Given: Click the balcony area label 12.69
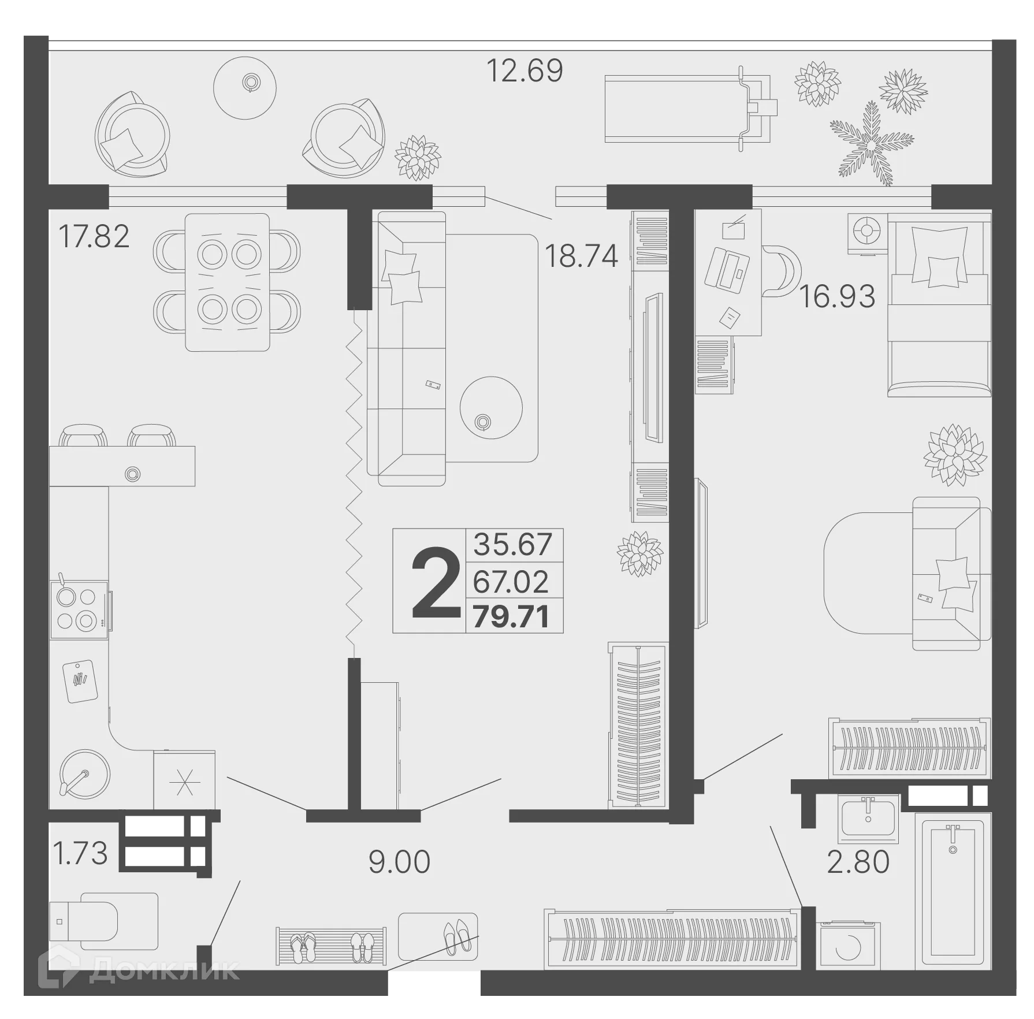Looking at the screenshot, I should tap(525, 71).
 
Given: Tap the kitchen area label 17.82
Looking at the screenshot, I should tap(94, 236).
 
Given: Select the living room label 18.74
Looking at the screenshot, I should tap(581, 256).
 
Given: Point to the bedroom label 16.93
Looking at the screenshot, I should tap(837, 296).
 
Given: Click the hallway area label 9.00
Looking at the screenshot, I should tap(399, 862).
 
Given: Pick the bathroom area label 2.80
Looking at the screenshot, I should tap(858, 862).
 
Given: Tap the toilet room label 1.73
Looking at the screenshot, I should tap(80, 853).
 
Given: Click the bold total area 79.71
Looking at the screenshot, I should tap(511, 617).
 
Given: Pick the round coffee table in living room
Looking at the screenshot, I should tap(491, 408).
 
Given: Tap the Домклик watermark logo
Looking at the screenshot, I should tap(139, 970).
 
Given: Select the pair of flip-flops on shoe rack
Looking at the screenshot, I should tap(303, 948).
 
